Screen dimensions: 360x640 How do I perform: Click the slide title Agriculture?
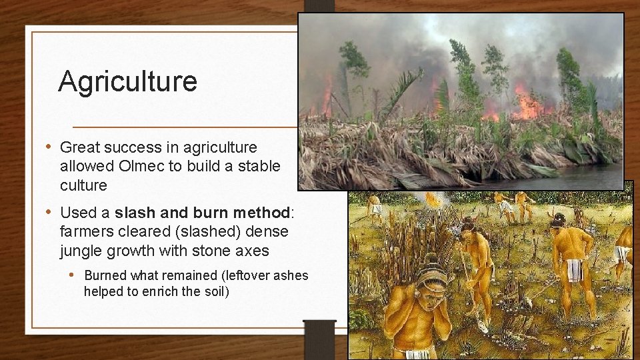[127, 81]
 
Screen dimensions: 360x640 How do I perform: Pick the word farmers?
[88, 231]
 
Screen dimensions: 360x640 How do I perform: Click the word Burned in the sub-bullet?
[106, 275]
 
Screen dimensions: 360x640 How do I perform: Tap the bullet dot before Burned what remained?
[77, 275]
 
